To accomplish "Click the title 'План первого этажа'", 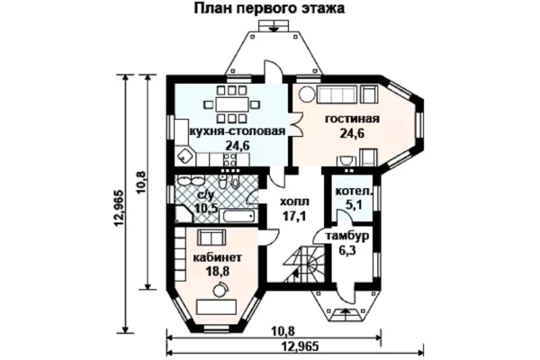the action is [x=269, y=8].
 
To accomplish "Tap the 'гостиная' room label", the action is [x=352, y=119].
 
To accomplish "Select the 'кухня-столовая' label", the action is [x=238, y=131].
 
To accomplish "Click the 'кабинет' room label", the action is [x=217, y=257].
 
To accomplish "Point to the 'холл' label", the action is [x=294, y=202].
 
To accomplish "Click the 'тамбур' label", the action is [x=347, y=237].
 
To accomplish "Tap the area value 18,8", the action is [x=217, y=272].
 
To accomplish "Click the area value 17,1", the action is [x=294, y=216].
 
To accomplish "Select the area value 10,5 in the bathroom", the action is [x=206, y=209].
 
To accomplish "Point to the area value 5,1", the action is [x=354, y=205].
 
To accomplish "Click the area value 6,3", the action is [x=347, y=250].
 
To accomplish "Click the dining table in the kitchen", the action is [x=232, y=104].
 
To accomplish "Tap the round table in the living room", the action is [x=307, y=94].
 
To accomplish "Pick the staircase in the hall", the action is [x=304, y=265].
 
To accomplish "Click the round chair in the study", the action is [x=220, y=290].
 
